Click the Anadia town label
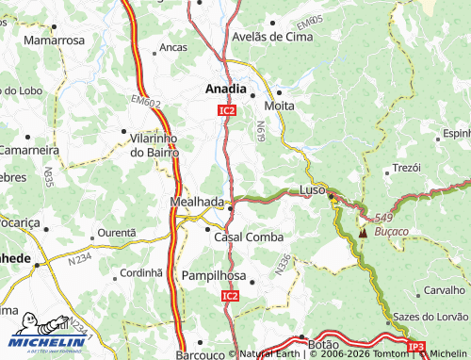pos(226,90)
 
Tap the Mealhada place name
pos(197,202)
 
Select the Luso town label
pos(312,189)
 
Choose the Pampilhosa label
pos(214,276)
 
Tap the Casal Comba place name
pos(250,237)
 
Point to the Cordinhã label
pos(141,272)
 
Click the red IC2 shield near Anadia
pos(226,110)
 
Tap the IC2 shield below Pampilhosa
pos(231,296)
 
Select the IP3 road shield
pos(416,346)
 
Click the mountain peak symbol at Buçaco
pos(363,229)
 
